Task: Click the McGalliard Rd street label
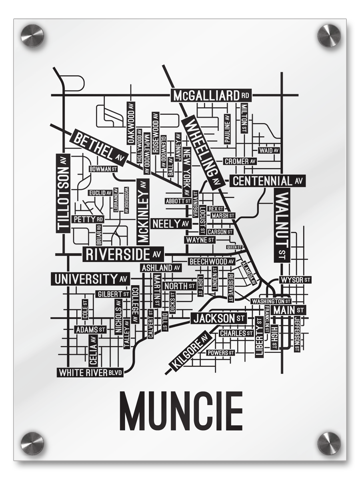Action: [211, 96]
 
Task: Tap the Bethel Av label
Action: [98, 148]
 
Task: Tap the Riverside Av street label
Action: [123, 254]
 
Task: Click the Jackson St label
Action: [218, 318]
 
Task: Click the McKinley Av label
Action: [143, 211]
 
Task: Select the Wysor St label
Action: [295, 280]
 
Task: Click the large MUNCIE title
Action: [181, 411]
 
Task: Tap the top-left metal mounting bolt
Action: [32, 35]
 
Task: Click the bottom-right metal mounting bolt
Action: [329, 443]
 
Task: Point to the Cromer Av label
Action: [240, 162]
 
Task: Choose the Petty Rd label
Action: [88, 219]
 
